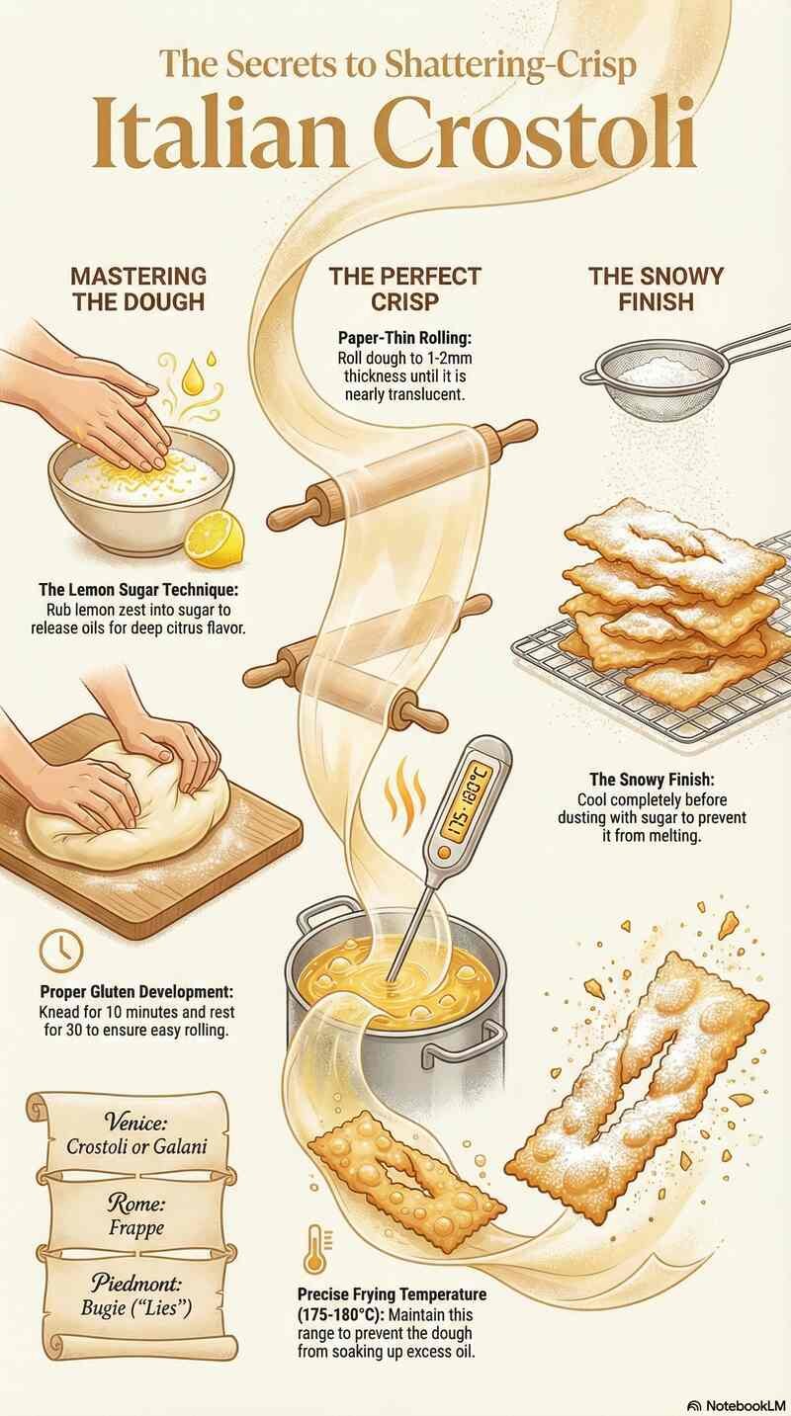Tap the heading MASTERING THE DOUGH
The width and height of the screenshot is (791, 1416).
[x=138, y=288]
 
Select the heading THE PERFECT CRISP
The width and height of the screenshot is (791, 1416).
[x=404, y=288]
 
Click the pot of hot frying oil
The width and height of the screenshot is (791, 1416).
[x=395, y=998]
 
